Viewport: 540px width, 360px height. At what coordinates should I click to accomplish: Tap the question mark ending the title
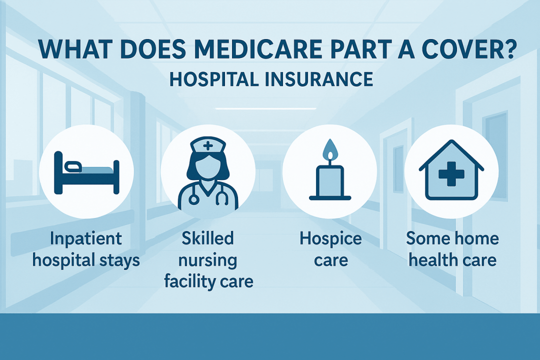click(x=509, y=49)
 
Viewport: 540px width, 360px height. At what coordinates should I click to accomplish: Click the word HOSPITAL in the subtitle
click(x=214, y=79)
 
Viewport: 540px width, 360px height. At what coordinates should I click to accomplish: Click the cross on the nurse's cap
click(x=208, y=145)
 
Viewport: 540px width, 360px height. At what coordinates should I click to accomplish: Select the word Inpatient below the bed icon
click(x=86, y=238)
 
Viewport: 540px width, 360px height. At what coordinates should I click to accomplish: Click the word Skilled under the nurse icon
click(x=207, y=238)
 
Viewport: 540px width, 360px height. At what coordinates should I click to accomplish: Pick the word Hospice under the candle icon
click(x=330, y=238)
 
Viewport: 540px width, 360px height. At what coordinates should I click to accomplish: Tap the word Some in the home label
click(x=425, y=238)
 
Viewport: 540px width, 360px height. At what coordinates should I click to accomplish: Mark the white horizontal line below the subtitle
click(x=265, y=108)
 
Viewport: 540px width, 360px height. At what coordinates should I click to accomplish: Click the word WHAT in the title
click(x=71, y=49)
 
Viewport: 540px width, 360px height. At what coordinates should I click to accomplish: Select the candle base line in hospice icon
click(x=330, y=198)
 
